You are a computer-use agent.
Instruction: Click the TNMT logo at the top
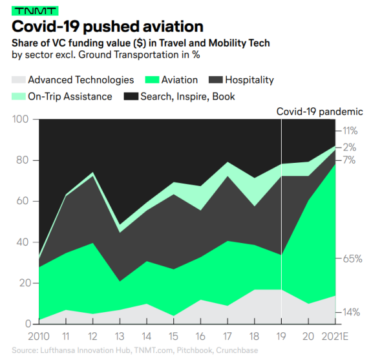[35, 11]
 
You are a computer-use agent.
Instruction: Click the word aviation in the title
[173, 26]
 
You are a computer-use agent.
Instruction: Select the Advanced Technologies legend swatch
[19, 79]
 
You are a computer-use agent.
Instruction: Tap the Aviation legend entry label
[179, 80]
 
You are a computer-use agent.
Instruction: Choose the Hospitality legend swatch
[215, 79]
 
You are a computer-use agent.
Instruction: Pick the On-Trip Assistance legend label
[70, 96]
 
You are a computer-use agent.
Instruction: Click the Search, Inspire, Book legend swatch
[131, 96]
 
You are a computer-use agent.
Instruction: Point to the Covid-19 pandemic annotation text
[319, 111]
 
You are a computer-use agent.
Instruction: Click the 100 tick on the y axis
[20, 119]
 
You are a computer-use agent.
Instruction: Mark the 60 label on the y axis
[23, 201]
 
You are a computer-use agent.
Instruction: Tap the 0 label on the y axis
[28, 324]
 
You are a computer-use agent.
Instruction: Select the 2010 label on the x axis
[39, 336]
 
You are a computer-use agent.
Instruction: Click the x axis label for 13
[120, 336]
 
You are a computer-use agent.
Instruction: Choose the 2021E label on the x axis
[335, 336]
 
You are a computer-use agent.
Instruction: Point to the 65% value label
[352, 259]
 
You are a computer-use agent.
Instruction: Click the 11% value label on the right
[350, 131]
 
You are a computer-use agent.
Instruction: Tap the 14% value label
[352, 312]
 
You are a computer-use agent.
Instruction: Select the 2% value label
[350, 147]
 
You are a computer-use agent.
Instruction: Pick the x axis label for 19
[281, 336]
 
